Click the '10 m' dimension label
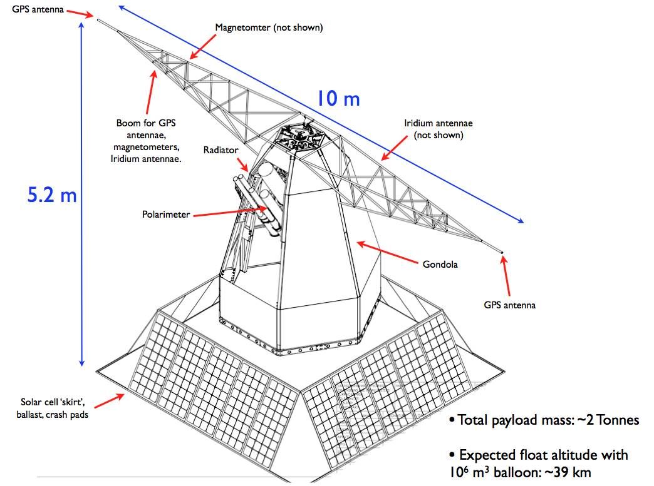[x=337, y=99]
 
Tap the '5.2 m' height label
[x=51, y=195]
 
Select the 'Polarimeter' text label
[x=166, y=215]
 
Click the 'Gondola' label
[x=440, y=264]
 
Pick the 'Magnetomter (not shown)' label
[x=269, y=28]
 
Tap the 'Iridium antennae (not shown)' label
[x=438, y=129]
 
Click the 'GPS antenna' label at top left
[x=38, y=9]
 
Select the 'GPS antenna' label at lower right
[x=510, y=305]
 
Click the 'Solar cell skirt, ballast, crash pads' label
[x=54, y=407]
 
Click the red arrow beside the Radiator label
[x=242, y=165]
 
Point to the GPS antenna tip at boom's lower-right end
[x=502, y=253]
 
